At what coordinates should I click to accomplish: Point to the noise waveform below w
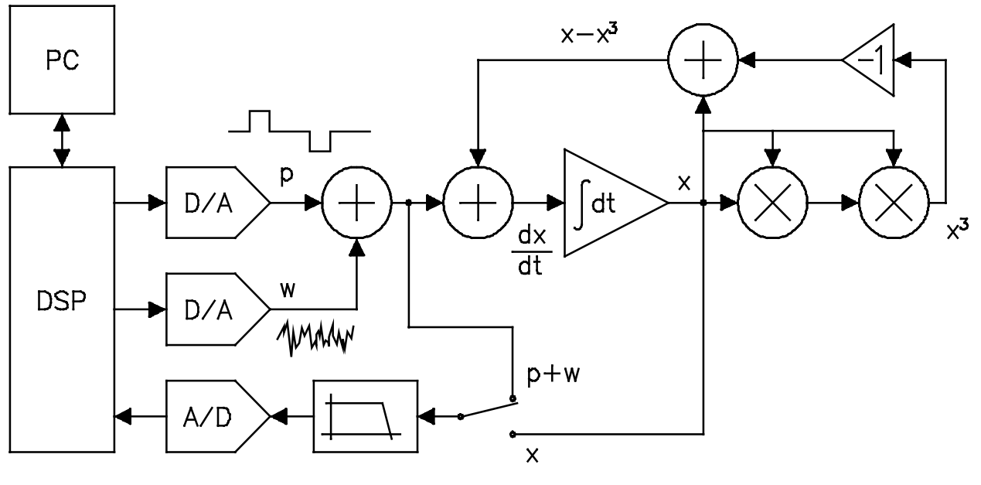(x=315, y=337)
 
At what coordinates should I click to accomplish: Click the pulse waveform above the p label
(x=299, y=131)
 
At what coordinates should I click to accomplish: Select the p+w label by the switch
(x=554, y=374)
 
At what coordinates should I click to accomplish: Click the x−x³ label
(x=590, y=34)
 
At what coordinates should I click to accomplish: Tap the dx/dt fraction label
(x=532, y=251)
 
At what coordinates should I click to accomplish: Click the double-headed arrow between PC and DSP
(x=62, y=141)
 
